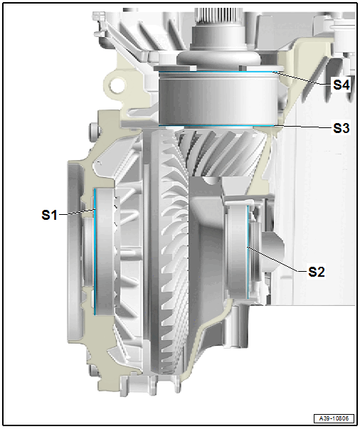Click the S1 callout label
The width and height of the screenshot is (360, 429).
(x=49, y=215)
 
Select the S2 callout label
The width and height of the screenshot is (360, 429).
(x=317, y=272)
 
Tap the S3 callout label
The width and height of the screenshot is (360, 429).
(x=342, y=128)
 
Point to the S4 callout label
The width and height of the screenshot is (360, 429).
(x=342, y=85)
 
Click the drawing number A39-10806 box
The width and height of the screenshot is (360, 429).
(x=334, y=418)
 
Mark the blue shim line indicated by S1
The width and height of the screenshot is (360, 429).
(x=95, y=251)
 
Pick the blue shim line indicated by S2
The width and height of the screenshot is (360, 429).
(x=248, y=252)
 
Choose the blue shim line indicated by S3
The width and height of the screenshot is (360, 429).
(x=216, y=126)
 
